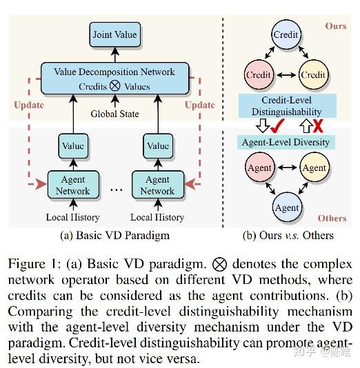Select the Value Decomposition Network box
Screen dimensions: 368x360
[x=114, y=79]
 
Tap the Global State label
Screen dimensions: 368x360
[x=114, y=114]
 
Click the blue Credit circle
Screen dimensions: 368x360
[x=286, y=34]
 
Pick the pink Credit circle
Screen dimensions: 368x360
[x=259, y=75]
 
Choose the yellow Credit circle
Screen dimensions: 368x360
[x=314, y=75]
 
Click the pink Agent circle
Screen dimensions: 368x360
[x=259, y=167]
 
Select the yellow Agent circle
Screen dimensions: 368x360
[x=314, y=167]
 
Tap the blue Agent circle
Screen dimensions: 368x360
[x=286, y=207]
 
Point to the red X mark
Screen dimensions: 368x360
[x=319, y=126]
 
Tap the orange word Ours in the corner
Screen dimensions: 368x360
[x=335, y=26]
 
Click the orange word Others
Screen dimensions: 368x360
[x=332, y=218]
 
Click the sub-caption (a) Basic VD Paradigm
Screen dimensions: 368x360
[x=115, y=235]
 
